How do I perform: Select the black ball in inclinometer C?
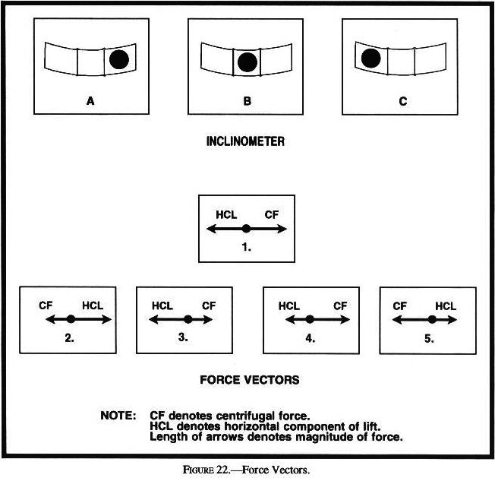click(371, 58)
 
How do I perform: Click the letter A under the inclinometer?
click(90, 100)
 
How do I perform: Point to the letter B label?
click(247, 100)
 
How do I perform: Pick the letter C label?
click(402, 100)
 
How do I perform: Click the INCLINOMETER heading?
click(247, 141)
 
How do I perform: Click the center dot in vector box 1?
click(246, 228)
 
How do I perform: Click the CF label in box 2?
click(46, 305)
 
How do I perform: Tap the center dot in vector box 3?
click(187, 319)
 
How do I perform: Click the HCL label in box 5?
click(446, 305)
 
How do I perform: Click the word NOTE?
click(118, 416)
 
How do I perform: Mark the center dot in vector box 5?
click(431, 319)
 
